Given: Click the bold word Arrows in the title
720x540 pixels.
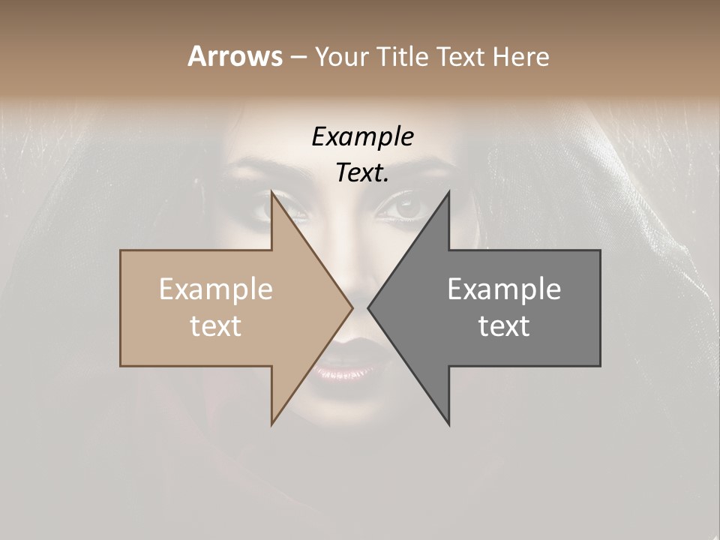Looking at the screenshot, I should click(235, 56).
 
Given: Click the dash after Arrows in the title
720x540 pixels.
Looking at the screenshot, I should click(298, 57).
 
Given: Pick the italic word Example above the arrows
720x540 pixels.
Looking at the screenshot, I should click(362, 137).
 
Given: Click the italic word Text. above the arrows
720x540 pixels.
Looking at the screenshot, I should click(362, 173).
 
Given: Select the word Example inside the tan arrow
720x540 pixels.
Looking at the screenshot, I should click(216, 289).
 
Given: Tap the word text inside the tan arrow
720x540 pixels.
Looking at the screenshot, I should click(216, 326).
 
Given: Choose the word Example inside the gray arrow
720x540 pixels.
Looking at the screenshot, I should click(504, 289).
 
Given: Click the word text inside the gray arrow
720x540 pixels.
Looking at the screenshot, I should click(504, 326).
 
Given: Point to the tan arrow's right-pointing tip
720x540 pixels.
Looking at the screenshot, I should click(352, 307).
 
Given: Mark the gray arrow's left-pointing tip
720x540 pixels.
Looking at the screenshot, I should click(369, 307).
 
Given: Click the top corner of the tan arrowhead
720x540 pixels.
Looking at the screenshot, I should click(272, 193).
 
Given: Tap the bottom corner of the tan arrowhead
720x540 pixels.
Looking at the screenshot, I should click(272, 423).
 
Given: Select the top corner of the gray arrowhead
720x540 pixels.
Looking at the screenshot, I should click(448, 193).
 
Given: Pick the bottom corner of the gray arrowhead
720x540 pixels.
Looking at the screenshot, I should click(448, 424).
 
